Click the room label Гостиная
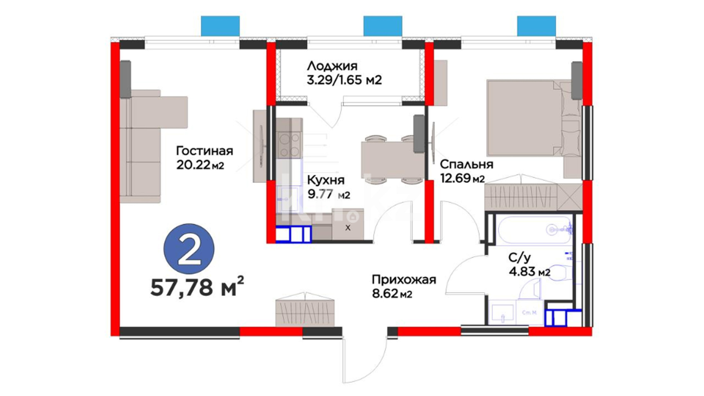click(x=205, y=151)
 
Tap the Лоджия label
click(x=332, y=66)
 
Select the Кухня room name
click(x=326, y=180)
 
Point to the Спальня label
click(x=466, y=164)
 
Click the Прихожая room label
click(x=404, y=280)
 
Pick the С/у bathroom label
click(x=519, y=258)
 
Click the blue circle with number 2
click(x=189, y=249)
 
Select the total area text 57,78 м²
click(x=197, y=287)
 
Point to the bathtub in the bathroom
click(x=533, y=230)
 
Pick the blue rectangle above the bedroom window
click(x=536, y=26)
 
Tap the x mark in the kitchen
click(x=348, y=228)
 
